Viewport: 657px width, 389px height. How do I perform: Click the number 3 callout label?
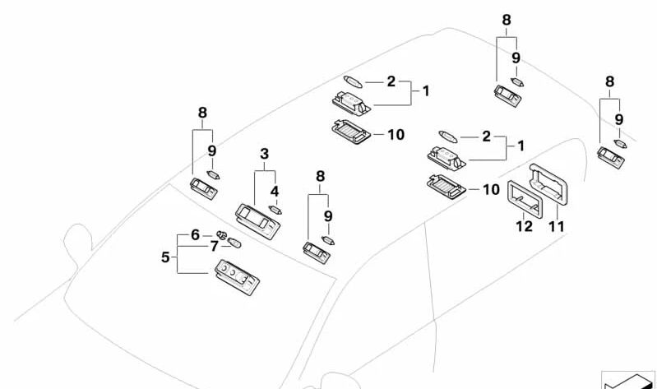pyautogui.click(x=264, y=154)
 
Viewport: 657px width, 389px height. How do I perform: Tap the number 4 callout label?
pyautogui.click(x=275, y=191)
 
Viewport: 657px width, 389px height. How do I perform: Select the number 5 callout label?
pyautogui.click(x=165, y=257)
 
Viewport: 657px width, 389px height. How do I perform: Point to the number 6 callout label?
pyautogui.click(x=195, y=234)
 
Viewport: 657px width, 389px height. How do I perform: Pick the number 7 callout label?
pyautogui.click(x=214, y=246)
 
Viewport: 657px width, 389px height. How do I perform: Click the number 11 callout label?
pyautogui.click(x=557, y=225)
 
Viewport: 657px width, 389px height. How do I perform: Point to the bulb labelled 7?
pyautogui.click(x=234, y=243)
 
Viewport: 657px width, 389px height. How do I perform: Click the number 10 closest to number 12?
pyautogui.click(x=490, y=190)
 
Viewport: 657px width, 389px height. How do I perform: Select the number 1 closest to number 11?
pyautogui.click(x=521, y=146)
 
